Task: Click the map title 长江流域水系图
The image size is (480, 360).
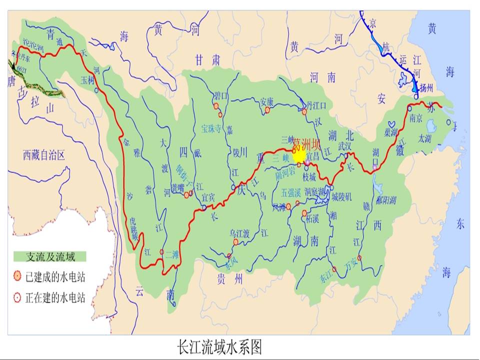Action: click(219, 346)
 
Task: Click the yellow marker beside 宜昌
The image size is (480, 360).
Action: click(299, 156)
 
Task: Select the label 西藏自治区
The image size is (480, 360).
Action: click(44, 155)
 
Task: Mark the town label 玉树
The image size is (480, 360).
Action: click(87, 79)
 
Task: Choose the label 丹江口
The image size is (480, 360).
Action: click(316, 105)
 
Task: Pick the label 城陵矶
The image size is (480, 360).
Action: click(342, 197)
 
